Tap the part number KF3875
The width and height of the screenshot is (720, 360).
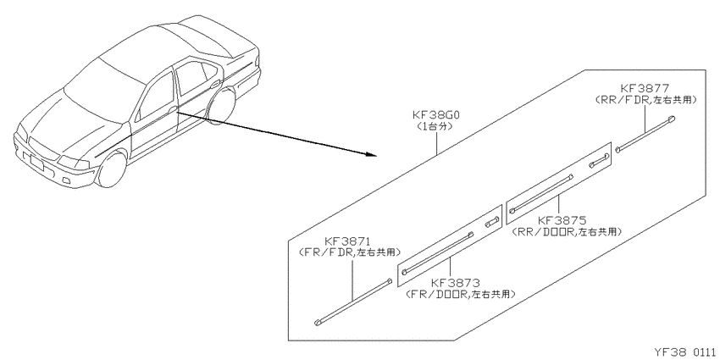click(x=562, y=220)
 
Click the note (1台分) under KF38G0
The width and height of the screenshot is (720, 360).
click(x=434, y=126)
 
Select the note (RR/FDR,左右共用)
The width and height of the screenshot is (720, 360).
click(x=645, y=99)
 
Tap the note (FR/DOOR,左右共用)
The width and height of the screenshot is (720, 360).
click(x=460, y=294)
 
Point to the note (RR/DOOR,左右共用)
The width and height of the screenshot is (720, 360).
click(x=567, y=231)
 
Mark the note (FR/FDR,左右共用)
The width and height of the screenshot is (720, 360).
click(x=349, y=252)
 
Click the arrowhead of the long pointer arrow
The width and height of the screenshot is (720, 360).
click(x=373, y=155)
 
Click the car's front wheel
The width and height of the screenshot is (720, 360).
click(x=112, y=168)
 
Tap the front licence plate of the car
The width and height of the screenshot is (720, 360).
click(x=36, y=163)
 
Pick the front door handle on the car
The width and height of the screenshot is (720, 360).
click(x=172, y=109)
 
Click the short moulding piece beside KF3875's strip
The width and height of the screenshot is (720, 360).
click(x=600, y=160)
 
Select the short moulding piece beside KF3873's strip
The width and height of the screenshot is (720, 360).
click(x=491, y=222)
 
